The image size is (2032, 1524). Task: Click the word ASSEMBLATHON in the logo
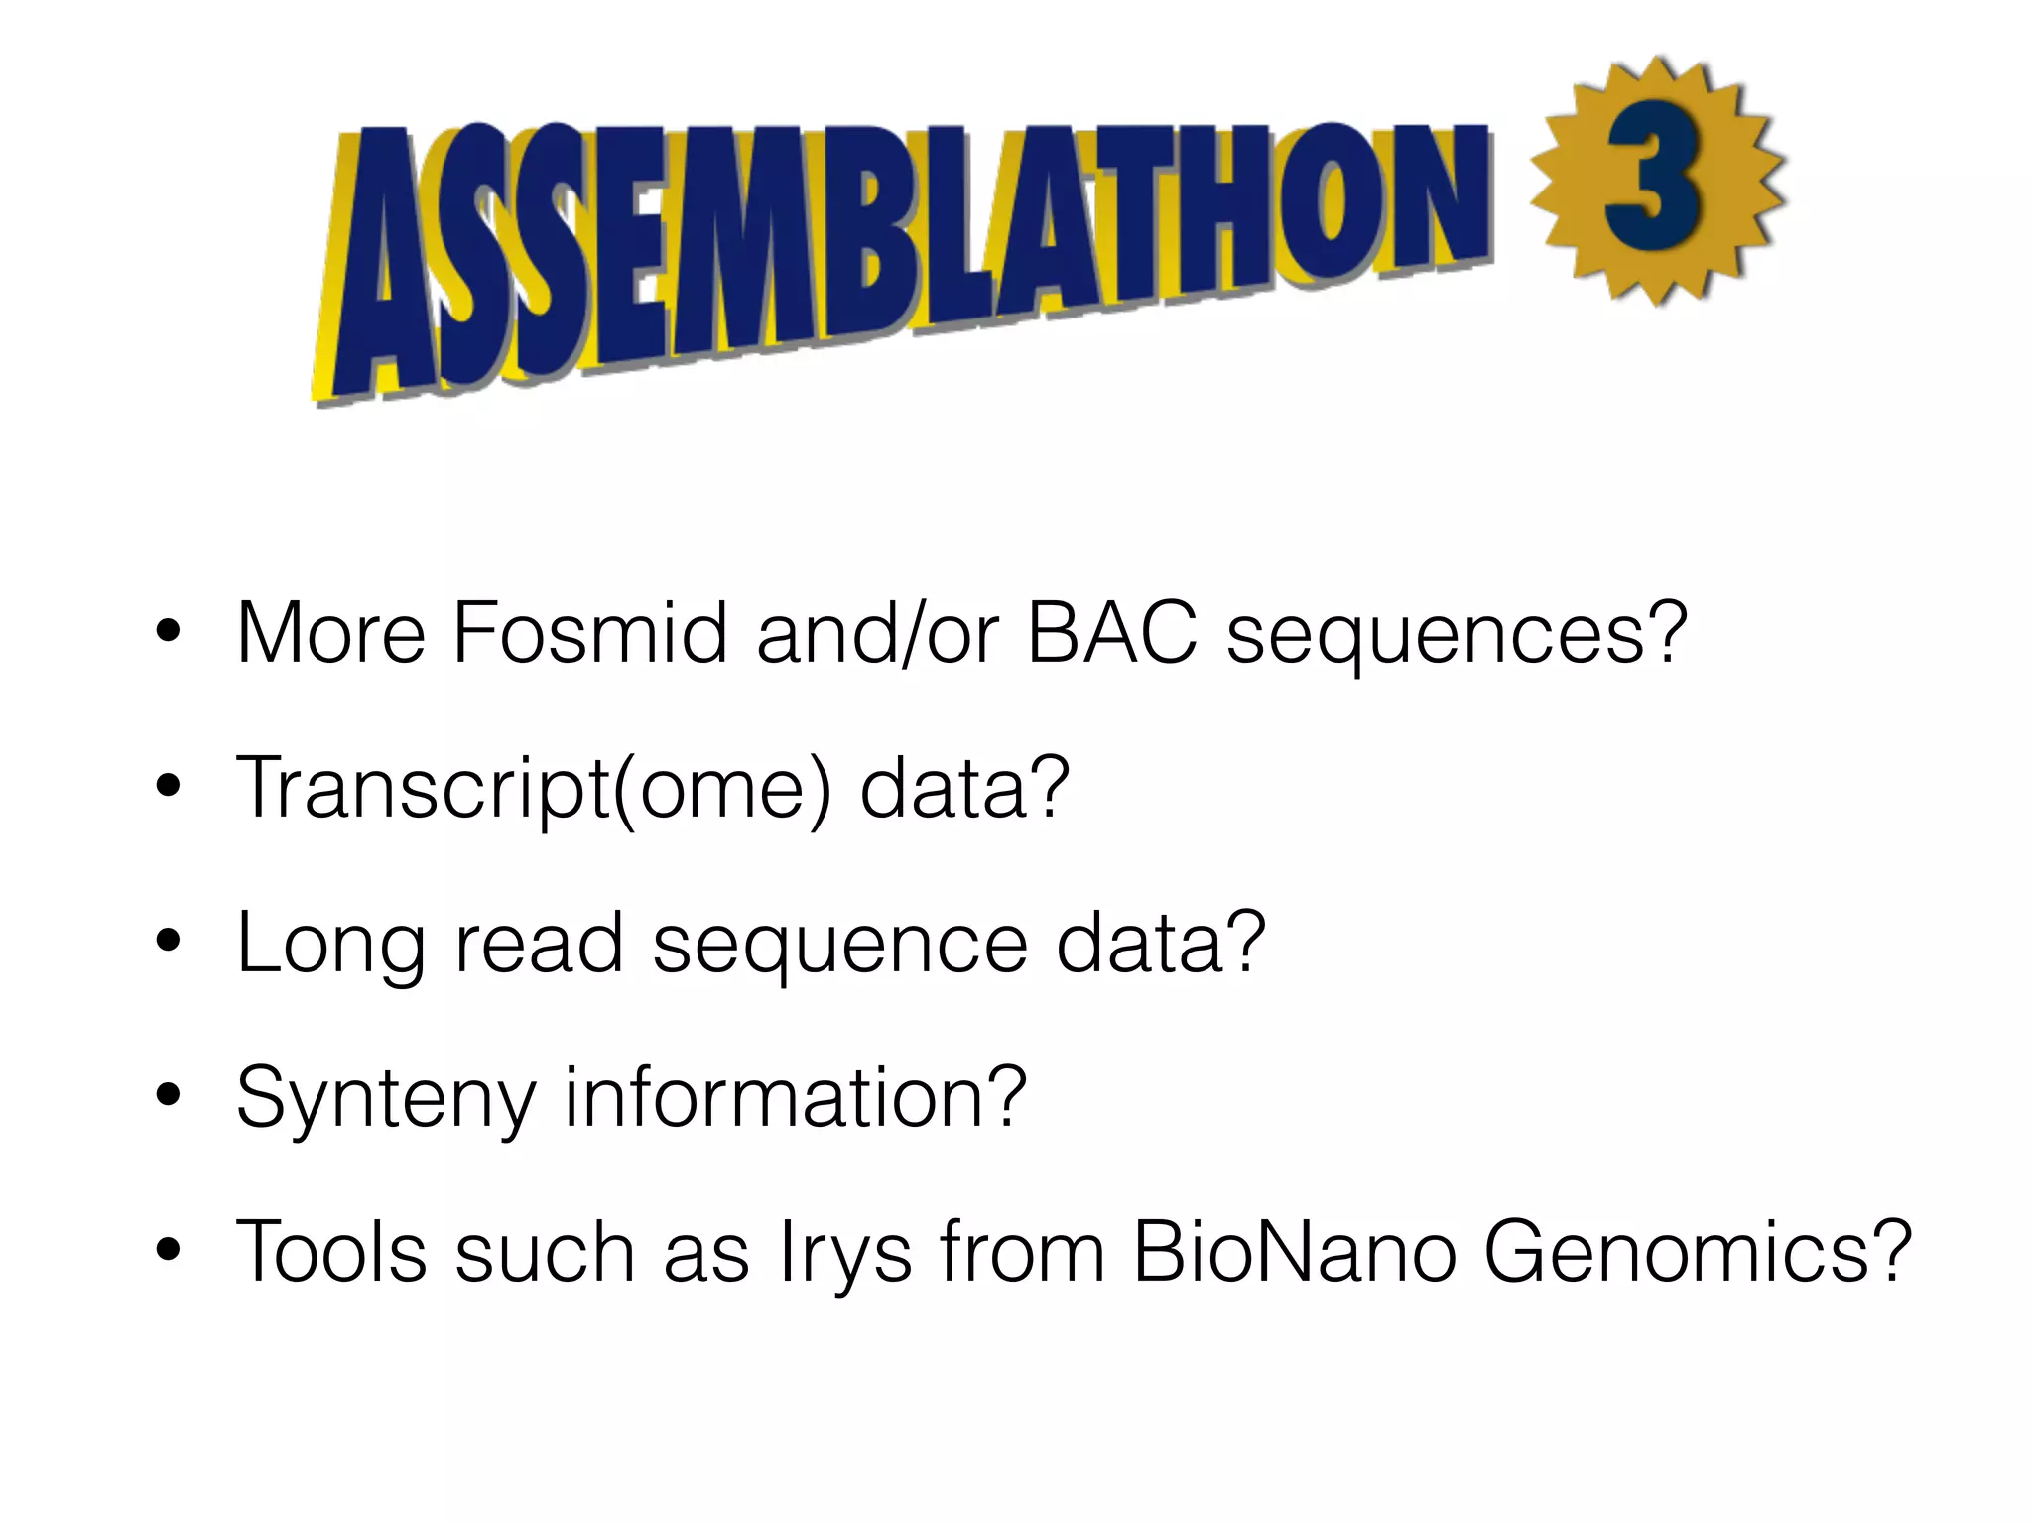coord(903,248)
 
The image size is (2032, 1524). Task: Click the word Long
coord(331,945)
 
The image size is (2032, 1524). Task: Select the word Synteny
coord(386,1099)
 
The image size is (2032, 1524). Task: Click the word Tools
coord(331,1252)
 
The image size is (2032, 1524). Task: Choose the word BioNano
coord(1294,1252)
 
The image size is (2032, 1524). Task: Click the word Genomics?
coord(1697,1254)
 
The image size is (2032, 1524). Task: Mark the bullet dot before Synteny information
coord(168,1095)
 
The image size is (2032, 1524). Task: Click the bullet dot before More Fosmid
coord(168,631)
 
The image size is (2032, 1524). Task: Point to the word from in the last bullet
coord(1022,1252)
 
